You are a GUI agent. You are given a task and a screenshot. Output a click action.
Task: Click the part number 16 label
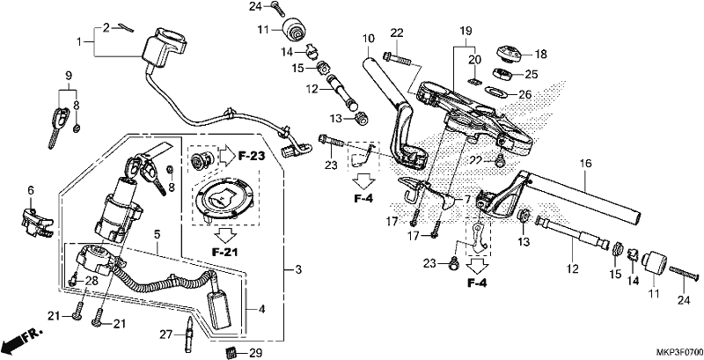click(586, 164)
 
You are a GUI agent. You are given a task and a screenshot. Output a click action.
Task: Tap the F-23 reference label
click(252, 156)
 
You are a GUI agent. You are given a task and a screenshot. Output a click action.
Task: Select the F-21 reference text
click(225, 252)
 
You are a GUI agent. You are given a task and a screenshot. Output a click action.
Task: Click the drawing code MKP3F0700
click(678, 353)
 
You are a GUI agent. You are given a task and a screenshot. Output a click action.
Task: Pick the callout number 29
click(256, 353)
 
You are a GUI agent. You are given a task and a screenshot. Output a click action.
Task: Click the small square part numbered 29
click(231, 352)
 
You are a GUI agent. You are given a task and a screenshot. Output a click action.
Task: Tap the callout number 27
click(166, 334)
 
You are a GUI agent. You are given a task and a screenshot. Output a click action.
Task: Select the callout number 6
click(31, 190)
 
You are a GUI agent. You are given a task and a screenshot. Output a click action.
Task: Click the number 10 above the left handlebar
click(369, 39)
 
